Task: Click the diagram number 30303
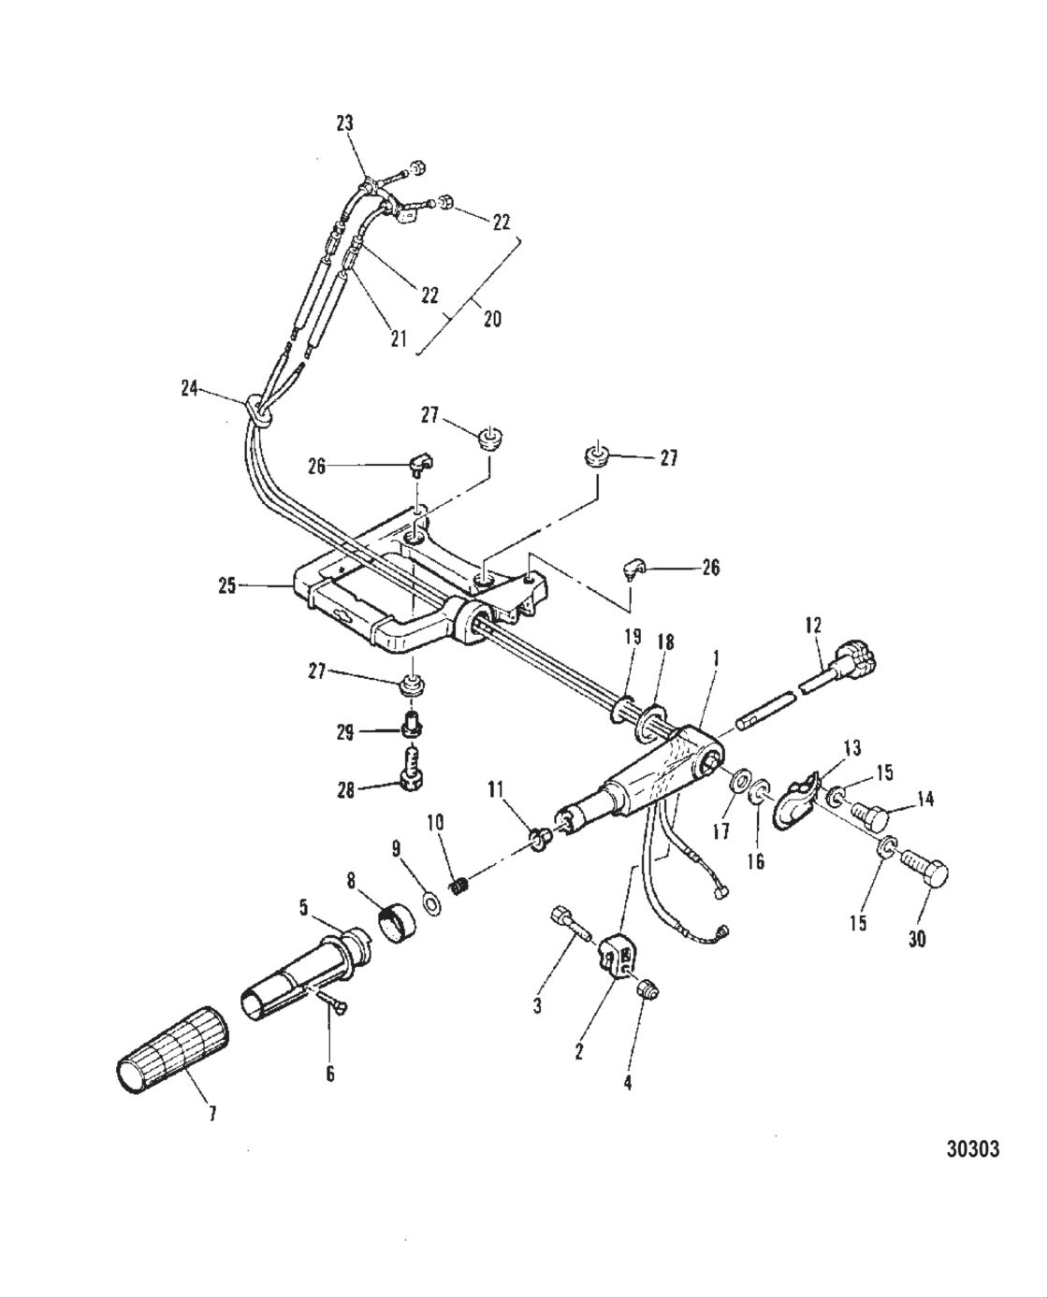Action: click(x=967, y=1147)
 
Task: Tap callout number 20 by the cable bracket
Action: click(x=491, y=318)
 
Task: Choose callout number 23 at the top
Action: click(x=346, y=123)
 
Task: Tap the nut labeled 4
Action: click(x=647, y=987)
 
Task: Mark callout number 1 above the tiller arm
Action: click(x=715, y=658)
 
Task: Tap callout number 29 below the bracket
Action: click(x=345, y=732)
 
